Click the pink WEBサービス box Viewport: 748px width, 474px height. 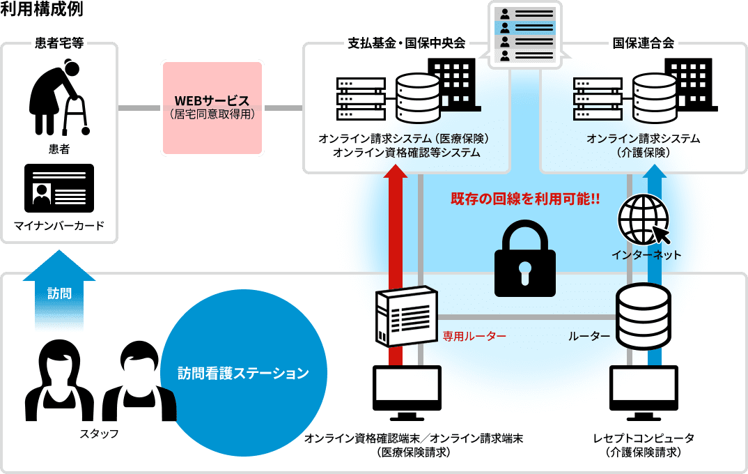click(212, 107)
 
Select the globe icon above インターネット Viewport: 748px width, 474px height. click(643, 219)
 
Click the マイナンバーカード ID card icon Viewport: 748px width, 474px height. click(59, 188)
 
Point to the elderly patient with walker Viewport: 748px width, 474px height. click(59, 98)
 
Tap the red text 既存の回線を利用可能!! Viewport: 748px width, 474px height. click(525, 199)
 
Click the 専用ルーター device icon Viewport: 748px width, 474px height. click(406, 317)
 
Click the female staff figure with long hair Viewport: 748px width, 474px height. click(59, 383)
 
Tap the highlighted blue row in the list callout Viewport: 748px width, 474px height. click(526, 28)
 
